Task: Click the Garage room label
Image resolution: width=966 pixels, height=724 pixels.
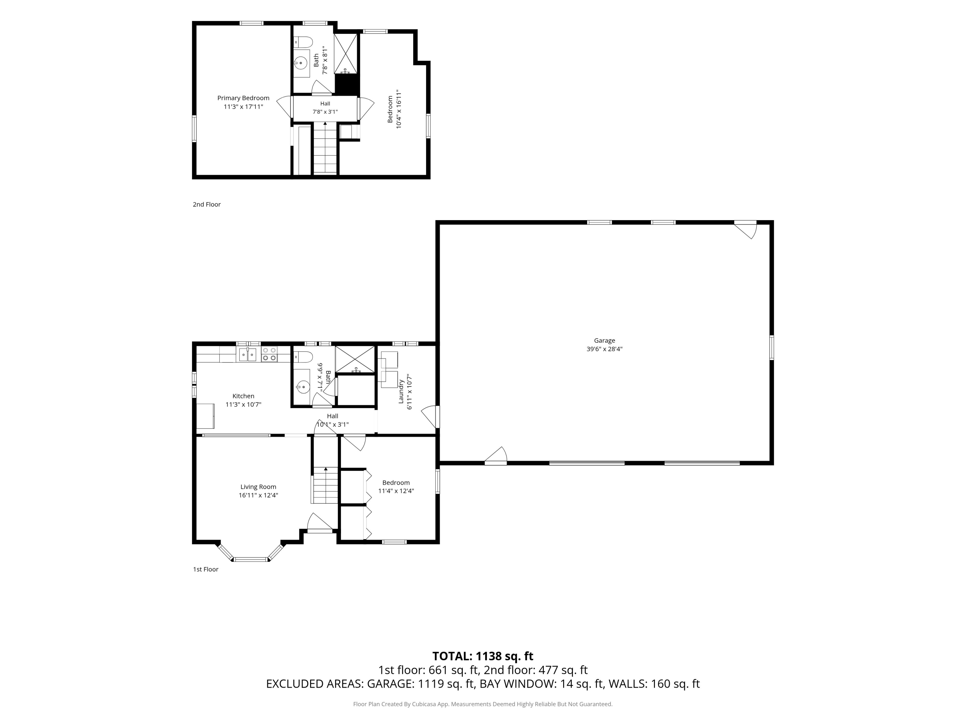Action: point(604,340)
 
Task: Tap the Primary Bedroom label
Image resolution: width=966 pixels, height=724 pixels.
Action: point(243,98)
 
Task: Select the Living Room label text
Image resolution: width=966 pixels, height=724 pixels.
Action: point(258,487)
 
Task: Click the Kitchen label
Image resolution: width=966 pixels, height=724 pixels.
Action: point(243,396)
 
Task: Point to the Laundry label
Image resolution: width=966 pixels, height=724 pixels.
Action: point(401,391)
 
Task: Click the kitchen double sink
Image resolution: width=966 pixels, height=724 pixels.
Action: point(248,354)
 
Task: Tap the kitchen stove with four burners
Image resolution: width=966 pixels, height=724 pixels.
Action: point(269,354)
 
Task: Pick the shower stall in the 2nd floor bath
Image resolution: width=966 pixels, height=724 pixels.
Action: point(346,53)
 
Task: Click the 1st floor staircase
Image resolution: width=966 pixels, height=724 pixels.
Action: point(325,485)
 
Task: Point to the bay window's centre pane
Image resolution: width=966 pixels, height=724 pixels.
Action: point(251,559)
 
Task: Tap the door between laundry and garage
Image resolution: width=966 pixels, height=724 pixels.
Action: point(431,417)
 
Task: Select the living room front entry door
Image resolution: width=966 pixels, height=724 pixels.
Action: point(320,523)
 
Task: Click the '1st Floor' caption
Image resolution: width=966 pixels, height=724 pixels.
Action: point(206,569)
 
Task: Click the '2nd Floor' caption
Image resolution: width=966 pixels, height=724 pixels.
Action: point(207,204)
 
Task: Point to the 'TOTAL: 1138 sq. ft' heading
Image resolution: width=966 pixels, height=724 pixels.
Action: point(483,656)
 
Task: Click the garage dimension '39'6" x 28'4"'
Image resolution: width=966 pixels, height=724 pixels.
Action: point(604,349)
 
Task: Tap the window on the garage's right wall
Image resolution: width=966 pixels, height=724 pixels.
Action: point(772,348)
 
